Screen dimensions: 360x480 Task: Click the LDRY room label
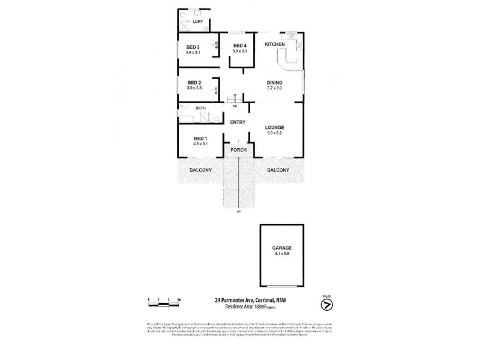click(x=198, y=22)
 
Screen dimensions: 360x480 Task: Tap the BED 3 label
click(x=193, y=47)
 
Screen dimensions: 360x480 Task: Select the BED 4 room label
click(x=239, y=46)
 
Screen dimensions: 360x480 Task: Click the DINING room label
click(x=275, y=83)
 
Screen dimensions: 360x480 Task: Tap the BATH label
click(x=200, y=108)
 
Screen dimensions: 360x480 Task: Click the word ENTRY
click(x=238, y=122)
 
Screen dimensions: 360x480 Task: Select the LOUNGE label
click(x=275, y=127)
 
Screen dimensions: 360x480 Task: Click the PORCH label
click(x=238, y=150)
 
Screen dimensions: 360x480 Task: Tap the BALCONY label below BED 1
click(x=200, y=170)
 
